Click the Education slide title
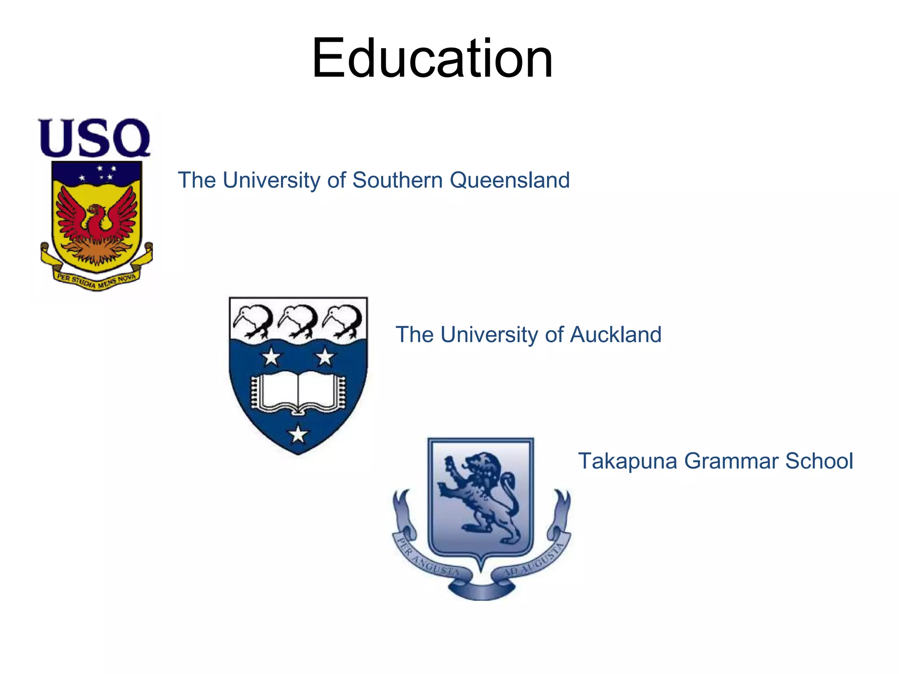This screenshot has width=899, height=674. [x=432, y=58]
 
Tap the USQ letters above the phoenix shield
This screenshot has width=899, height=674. [x=94, y=137]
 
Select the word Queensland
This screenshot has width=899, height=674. [x=510, y=180]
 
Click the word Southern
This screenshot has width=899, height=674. [x=398, y=180]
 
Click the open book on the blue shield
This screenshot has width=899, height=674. [x=298, y=392]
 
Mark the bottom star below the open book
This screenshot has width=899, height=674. [x=298, y=434]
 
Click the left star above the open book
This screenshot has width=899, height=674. [x=271, y=357]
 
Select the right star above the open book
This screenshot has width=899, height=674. [x=325, y=357]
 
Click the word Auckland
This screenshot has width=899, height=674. [x=615, y=335]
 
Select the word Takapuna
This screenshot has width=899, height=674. [x=627, y=461]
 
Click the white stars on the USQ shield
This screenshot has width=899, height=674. [x=99, y=173]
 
